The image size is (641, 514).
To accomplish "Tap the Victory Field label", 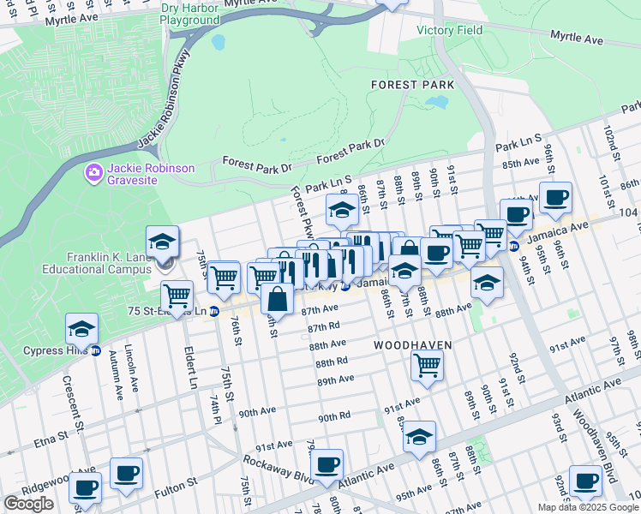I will coord(449,30).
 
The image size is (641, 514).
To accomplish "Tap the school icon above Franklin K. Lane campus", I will coord(162,241).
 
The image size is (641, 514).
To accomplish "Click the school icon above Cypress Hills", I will coord(82,328).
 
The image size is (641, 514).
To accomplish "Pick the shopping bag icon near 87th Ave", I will coord(278,299).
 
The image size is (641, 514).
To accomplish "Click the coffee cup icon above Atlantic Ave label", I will coord(326,464).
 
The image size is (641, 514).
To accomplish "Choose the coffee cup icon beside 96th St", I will coord(555,197).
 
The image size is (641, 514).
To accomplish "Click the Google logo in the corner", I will coord(28,504).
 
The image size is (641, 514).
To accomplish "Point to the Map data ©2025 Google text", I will coord(587,507).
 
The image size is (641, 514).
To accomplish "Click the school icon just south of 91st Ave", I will coord(419,436).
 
